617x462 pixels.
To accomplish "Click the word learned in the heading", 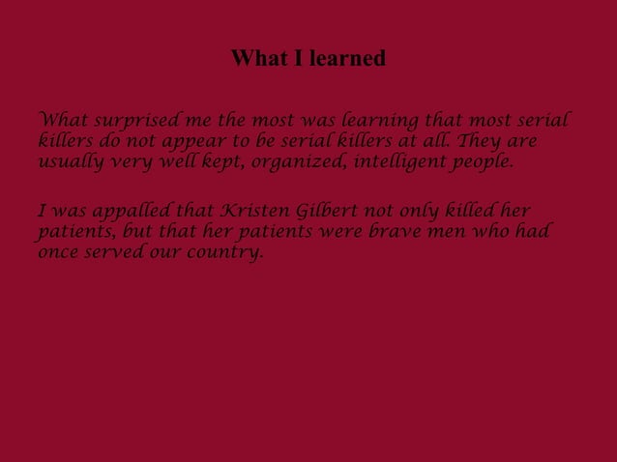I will (x=347, y=59).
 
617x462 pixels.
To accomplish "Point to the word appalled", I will (x=131, y=212).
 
